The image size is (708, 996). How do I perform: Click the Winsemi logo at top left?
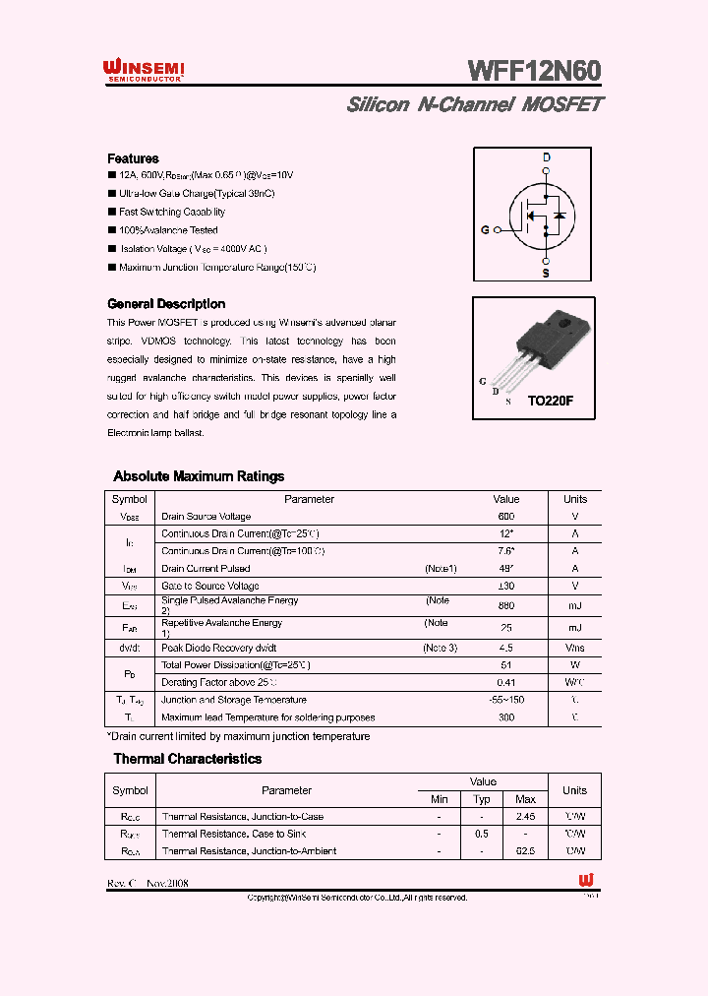(x=145, y=70)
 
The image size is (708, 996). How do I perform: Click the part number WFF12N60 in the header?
(x=534, y=71)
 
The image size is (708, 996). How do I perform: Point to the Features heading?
(x=133, y=158)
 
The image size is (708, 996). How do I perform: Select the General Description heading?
(x=166, y=304)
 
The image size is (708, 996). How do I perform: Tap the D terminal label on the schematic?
(x=546, y=158)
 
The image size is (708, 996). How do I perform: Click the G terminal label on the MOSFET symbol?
(x=485, y=230)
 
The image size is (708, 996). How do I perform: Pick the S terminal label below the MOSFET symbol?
(x=546, y=274)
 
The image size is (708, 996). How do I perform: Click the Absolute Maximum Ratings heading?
(x=199, y=476)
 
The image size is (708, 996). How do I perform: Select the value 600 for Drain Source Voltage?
(x=506, y=517)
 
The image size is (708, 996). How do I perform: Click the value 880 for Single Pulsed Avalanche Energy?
(x=506, y=606)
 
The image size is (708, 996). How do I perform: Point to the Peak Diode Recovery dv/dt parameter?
(x=219, y=648)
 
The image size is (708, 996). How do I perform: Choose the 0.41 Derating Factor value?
(x=506, y=682)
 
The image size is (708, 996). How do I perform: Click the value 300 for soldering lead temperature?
(x=506, y=717)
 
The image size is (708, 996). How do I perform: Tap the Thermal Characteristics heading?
(x=187, y=759)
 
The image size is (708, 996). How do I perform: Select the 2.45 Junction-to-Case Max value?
(x=525, y=817)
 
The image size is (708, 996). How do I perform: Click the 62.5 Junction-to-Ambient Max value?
(x=525, y=851)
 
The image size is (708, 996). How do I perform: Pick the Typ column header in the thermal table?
(x=482, y=799)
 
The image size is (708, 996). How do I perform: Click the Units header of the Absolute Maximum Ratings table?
(x=575, y=499)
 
